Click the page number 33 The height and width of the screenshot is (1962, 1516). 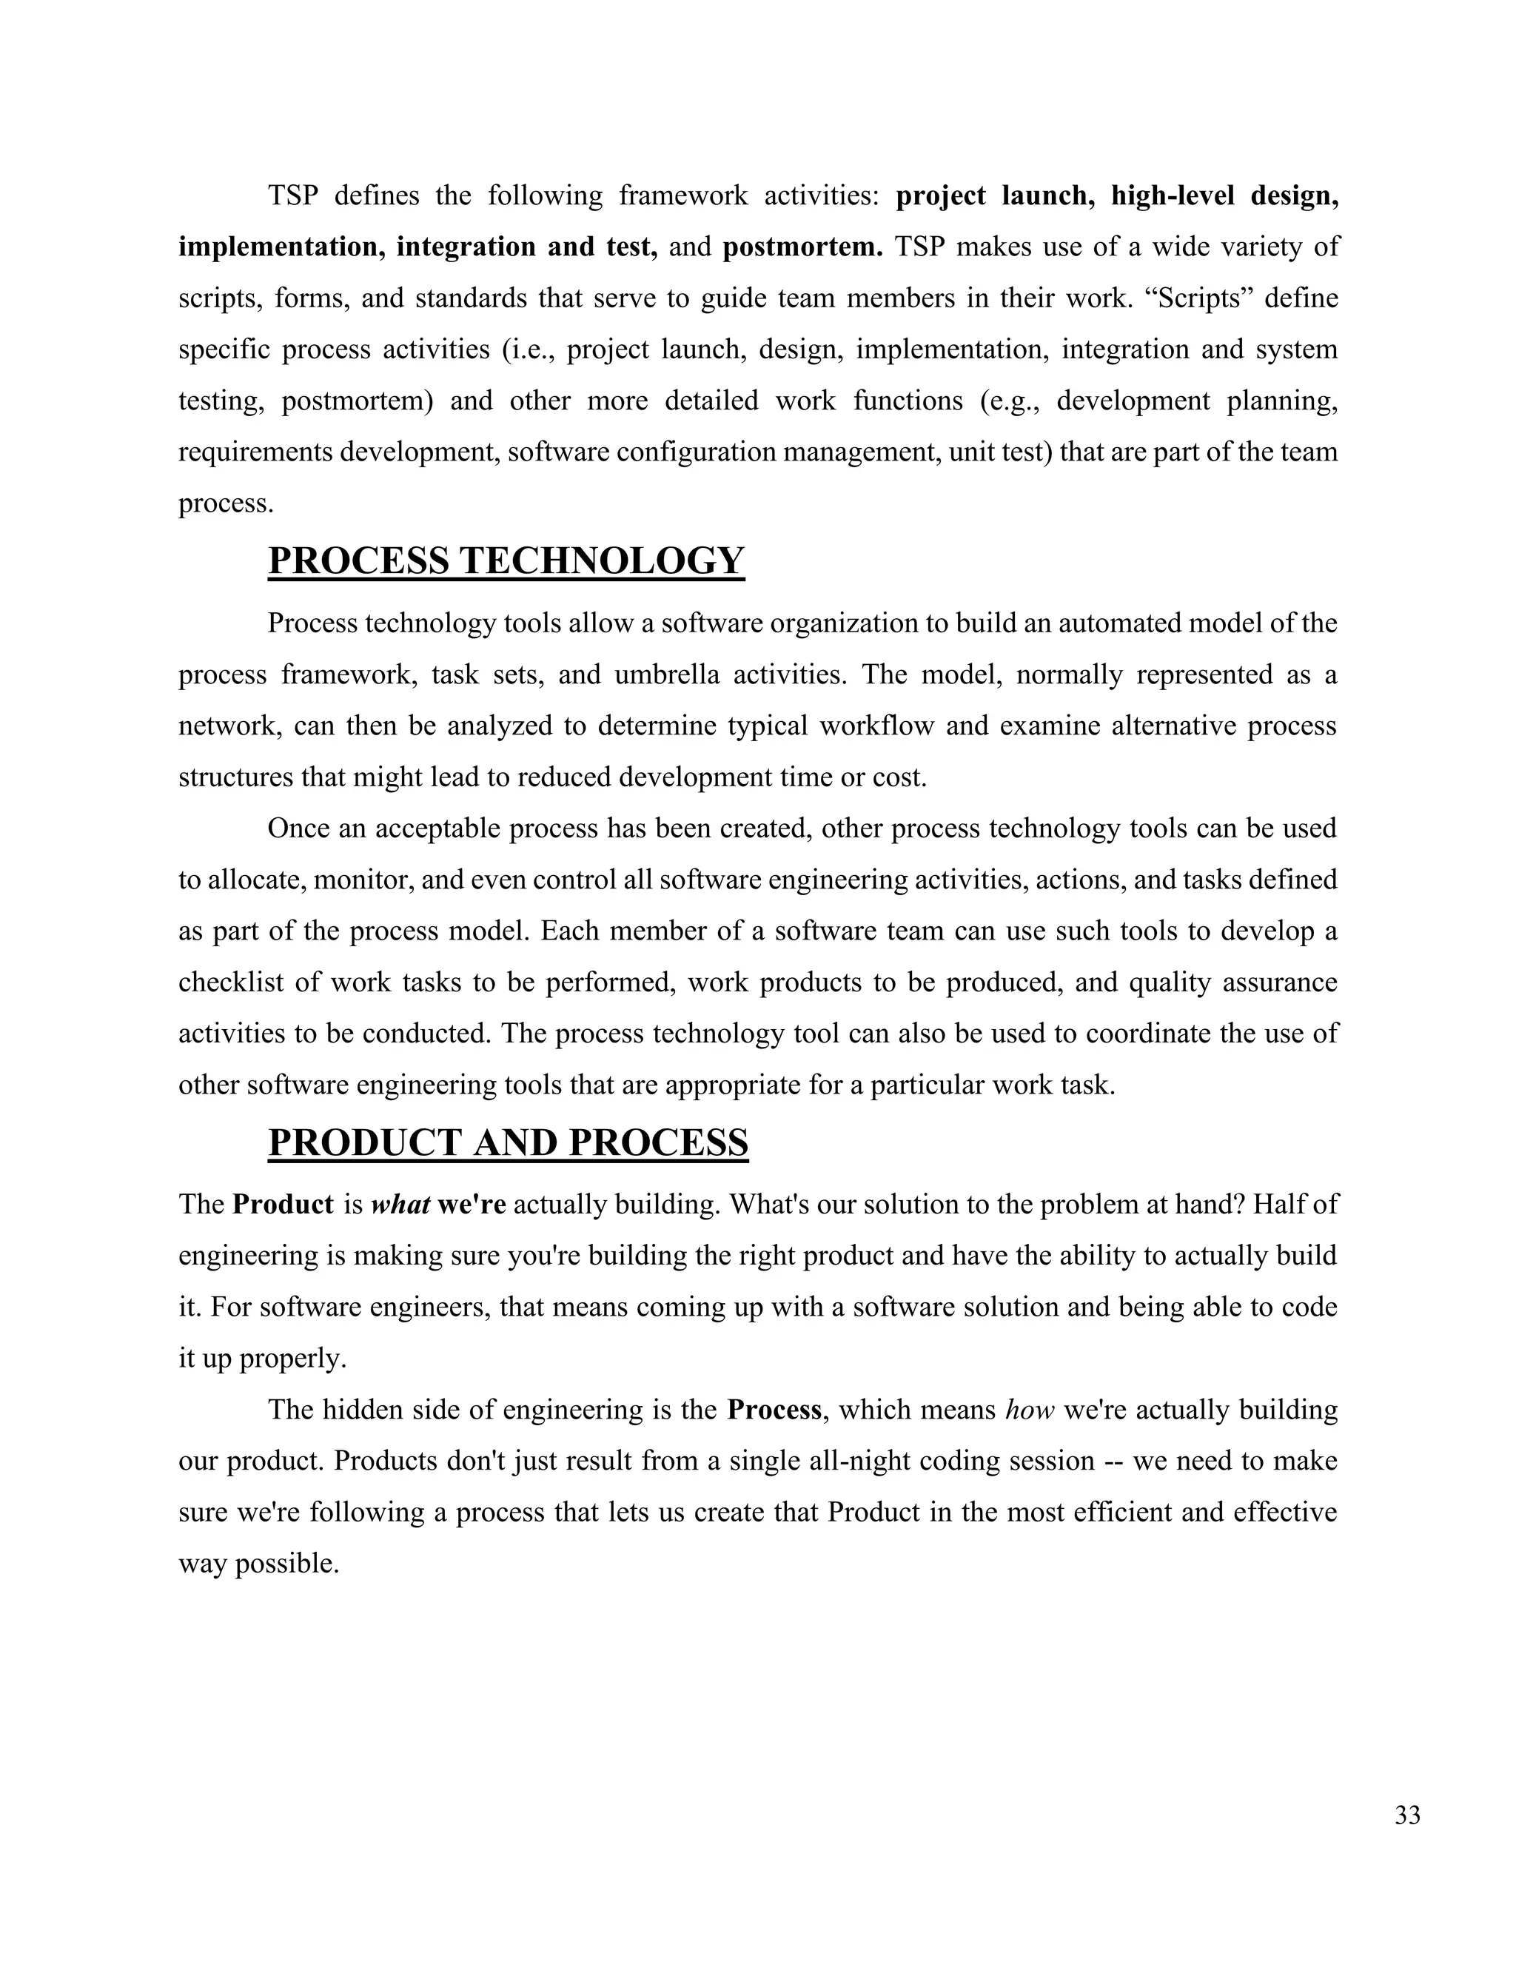[1407, 1815]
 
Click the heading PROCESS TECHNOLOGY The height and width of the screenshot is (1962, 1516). [506, 560]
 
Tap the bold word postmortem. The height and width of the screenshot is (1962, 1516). [802, 246]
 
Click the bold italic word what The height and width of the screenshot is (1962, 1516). [400, 1204]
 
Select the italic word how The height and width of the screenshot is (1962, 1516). [1029, 1410]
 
